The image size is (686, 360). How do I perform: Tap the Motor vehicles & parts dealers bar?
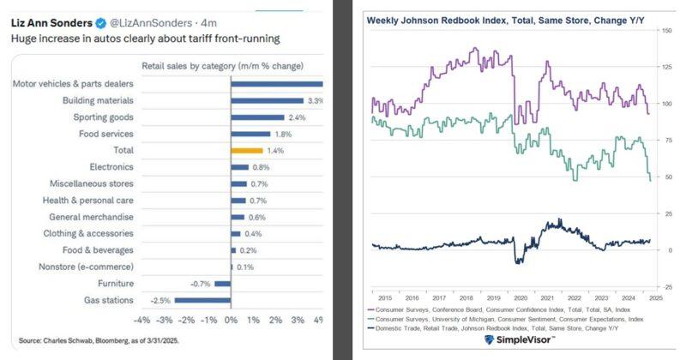click(x=277, y=84)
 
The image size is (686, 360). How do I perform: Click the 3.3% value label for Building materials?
click(x=315, y=101)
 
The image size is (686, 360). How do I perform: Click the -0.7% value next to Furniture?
click(x=201, y=283)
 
